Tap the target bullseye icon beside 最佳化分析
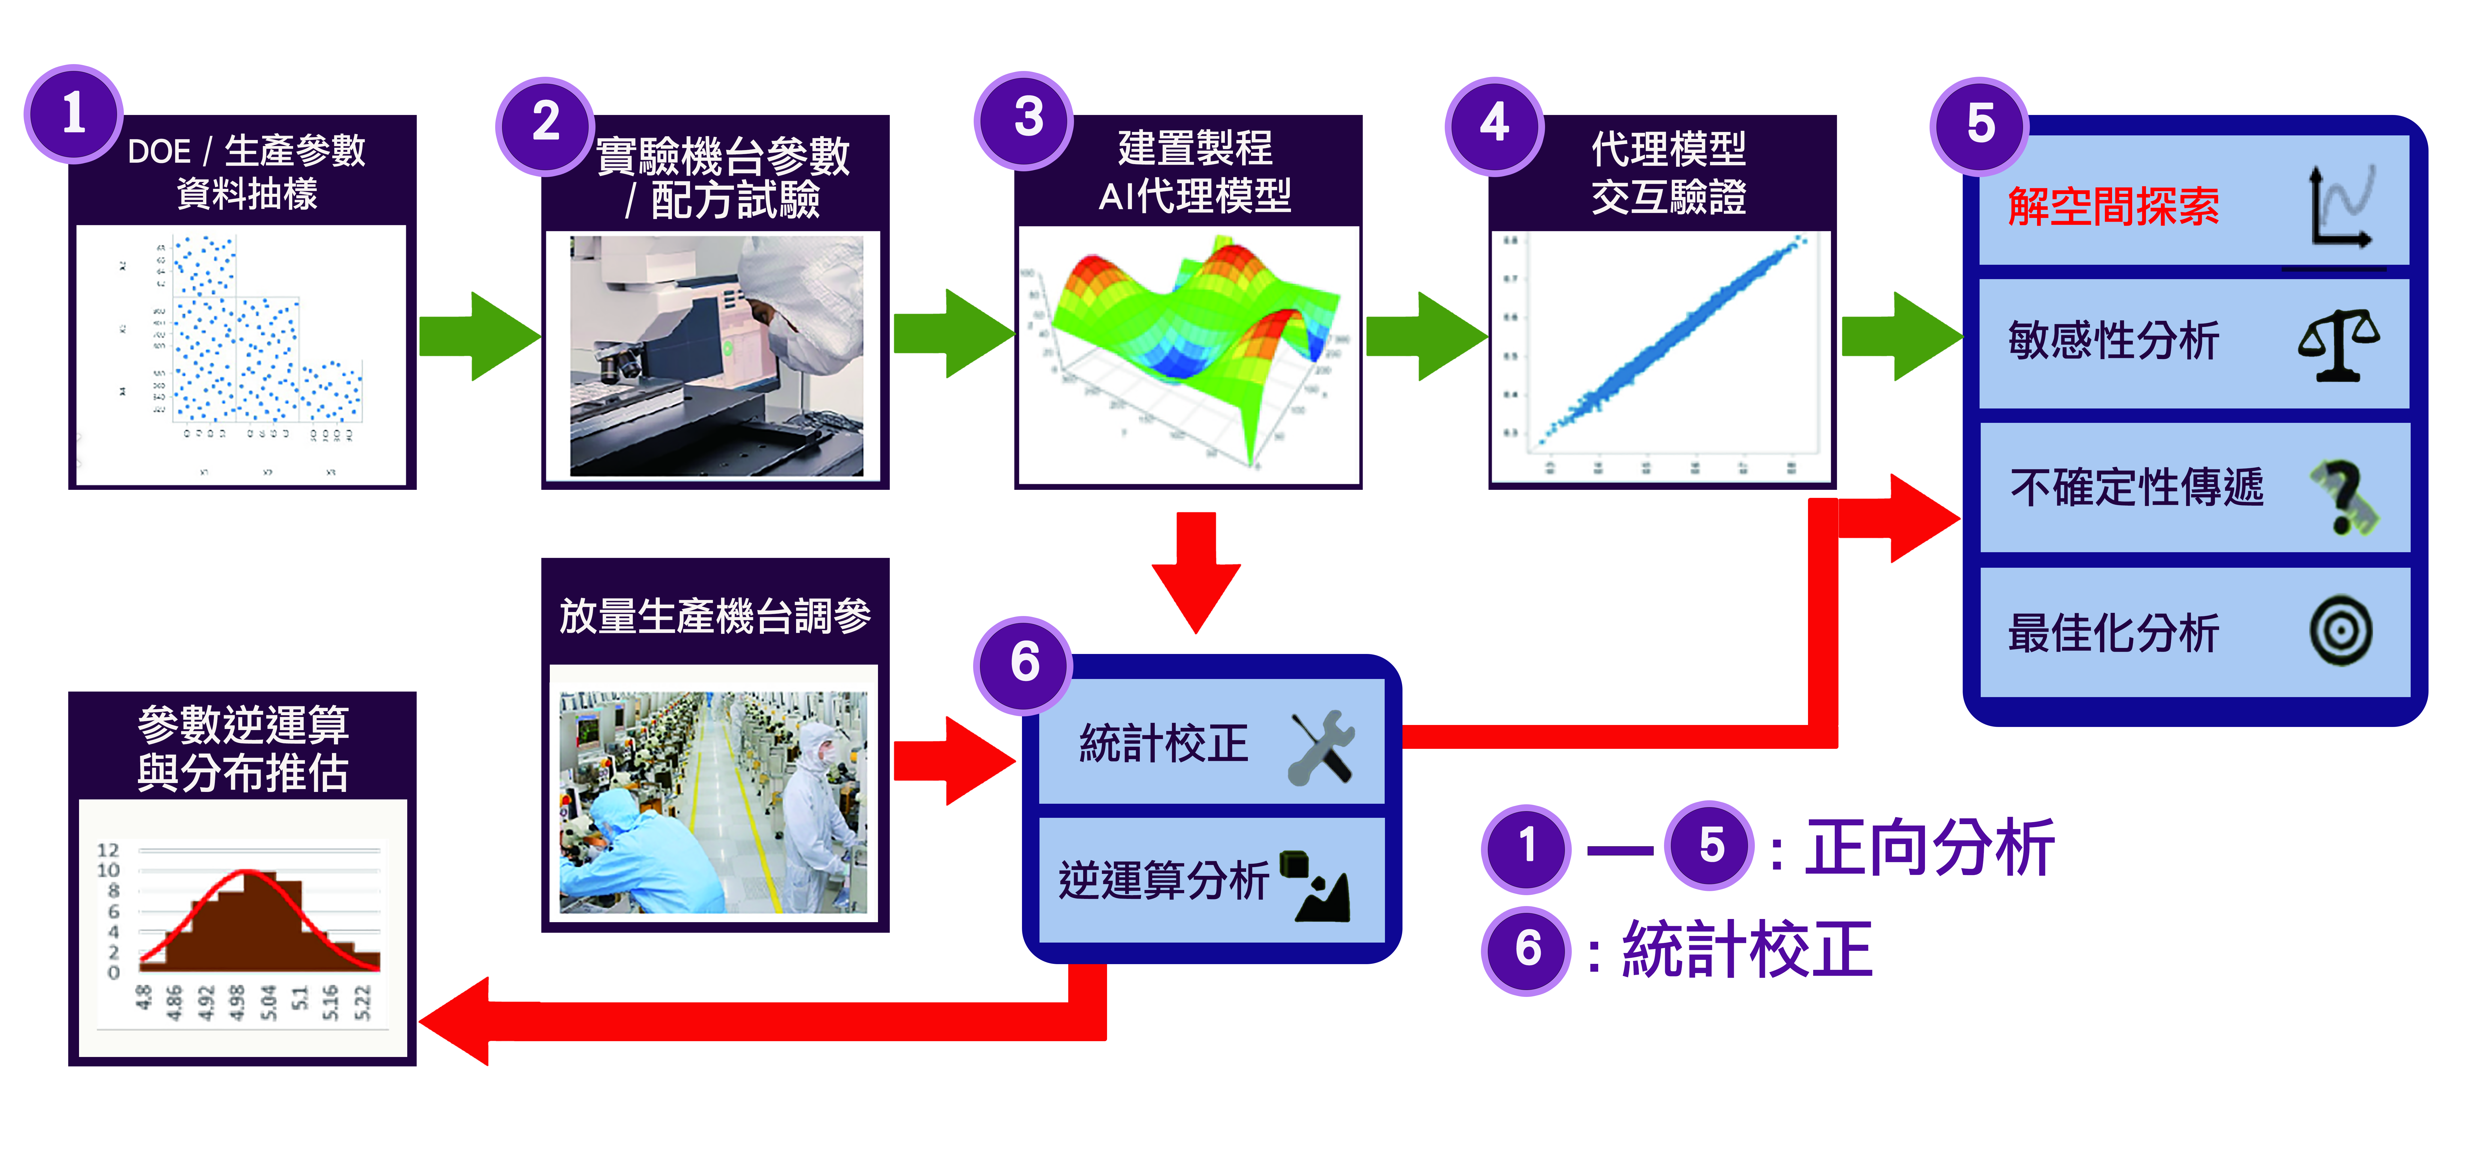coord(2341,632)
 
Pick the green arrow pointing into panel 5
coord(1901,336)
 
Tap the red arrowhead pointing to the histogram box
coord(460,1020)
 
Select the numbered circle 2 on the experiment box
coord(545,124)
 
